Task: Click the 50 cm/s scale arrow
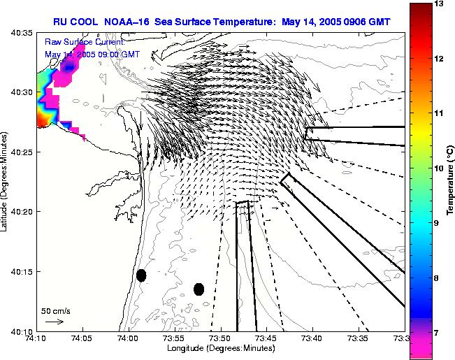pyautogui.click(x=55, y=322)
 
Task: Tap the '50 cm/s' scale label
pyautogui.click(x=55, y=310)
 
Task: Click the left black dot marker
pyautogui.click(x=141, y=275)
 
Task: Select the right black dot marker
pyautogui.click(x=198, y=289)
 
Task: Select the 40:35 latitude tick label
pyautogui.click(x=22, y=33)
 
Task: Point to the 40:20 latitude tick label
pyautogui.click(x=22, y=211)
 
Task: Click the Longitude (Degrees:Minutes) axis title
pyautogui.click(x=221, y=347)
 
